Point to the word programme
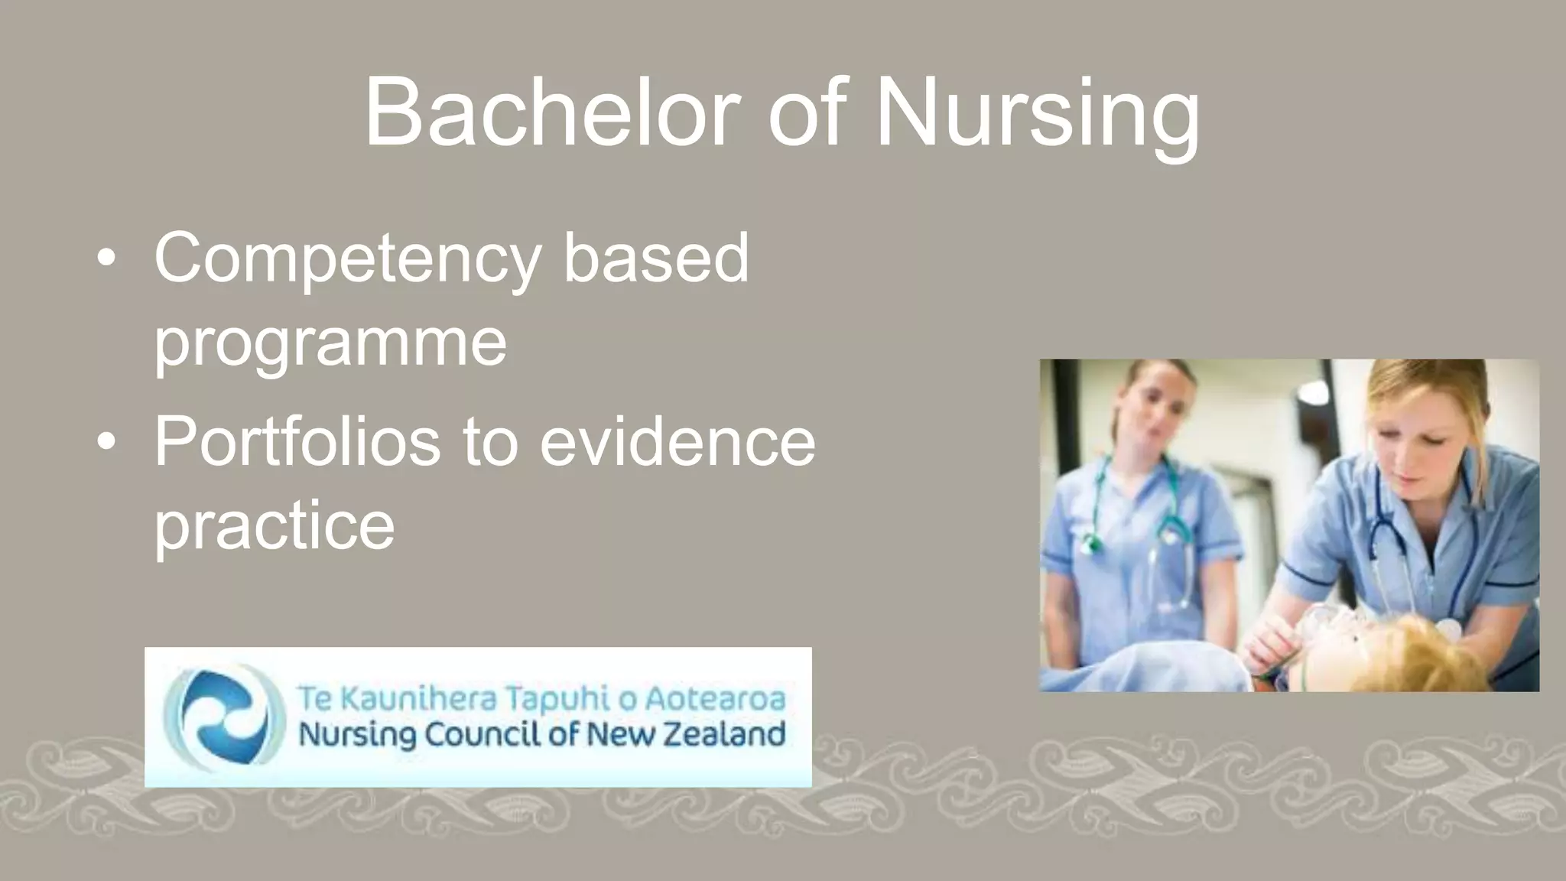(330, 342)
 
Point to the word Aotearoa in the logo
(715, 698)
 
